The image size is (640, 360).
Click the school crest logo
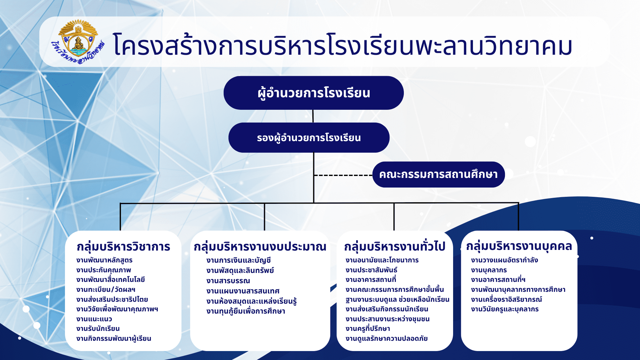(x=78, y=42)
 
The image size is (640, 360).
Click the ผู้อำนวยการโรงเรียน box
(x=314, y=93)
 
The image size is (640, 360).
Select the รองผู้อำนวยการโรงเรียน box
(x=309, y=138)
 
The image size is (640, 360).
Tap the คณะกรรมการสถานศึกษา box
(x=438, y=174)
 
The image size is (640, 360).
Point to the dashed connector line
(x=343, y=175)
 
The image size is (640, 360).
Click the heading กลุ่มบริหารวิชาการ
(x=124, y=247)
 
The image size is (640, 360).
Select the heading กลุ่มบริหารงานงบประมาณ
(x=260, y=247)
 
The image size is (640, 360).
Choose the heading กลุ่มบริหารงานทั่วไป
(x=395, y=246)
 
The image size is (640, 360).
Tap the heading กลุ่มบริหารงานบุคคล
(x=519, y=246)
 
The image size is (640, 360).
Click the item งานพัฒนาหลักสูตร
(x=104, y=260)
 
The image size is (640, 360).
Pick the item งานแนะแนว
(x=94, y=319)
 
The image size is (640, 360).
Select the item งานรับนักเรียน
(x=98, y=329)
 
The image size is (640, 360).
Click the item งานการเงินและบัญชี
(x=239, y=260)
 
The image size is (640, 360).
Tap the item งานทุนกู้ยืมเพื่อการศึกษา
(x=246, y=311)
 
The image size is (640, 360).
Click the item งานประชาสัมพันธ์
(x=372, y=270)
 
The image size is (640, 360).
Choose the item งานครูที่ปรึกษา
(x=368, y=329)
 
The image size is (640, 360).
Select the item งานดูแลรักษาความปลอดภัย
(x=387, y=339)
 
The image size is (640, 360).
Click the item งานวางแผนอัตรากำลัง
(x=505, y=260)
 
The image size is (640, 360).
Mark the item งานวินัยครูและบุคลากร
(x=505, y=309)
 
